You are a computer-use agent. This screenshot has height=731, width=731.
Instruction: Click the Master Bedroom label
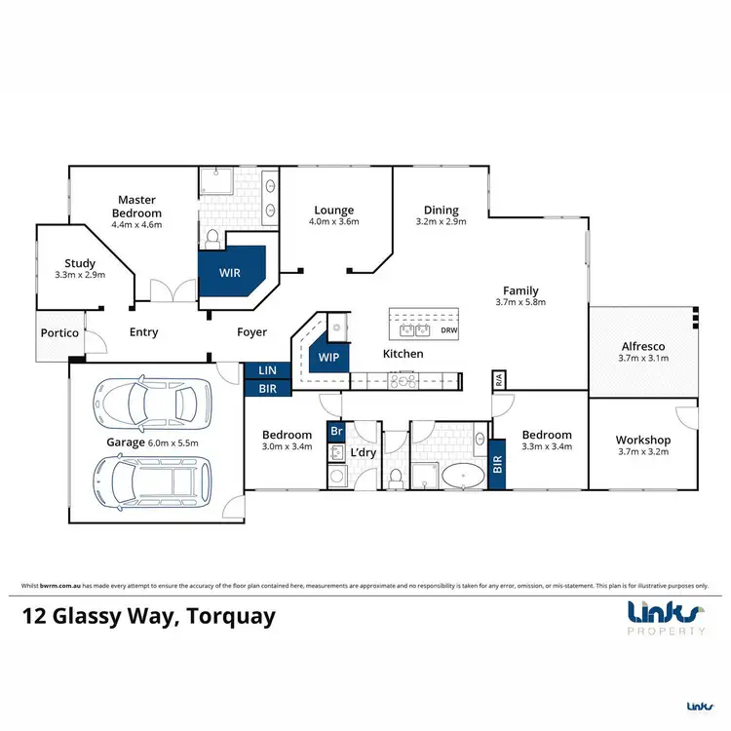coord(135,207)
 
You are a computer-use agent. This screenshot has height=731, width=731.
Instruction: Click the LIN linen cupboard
coord(266,370)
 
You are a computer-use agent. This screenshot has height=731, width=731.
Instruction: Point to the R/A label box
coord(497,379)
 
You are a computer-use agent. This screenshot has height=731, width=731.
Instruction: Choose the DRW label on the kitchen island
coord(448,330)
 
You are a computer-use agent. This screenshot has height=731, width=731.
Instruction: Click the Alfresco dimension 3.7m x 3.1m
coord(643,360)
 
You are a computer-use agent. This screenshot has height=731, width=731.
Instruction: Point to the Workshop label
coord(643,440)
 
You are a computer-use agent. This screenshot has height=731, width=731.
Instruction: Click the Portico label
coord(58,333)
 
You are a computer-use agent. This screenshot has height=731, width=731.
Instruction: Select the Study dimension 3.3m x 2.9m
coord(79,275)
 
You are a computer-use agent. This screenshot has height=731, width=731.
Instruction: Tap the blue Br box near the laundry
coord(336,430)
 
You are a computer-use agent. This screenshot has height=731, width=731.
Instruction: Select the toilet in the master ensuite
coord(212,237)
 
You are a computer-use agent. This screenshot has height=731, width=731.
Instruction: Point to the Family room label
coord(519,290)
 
